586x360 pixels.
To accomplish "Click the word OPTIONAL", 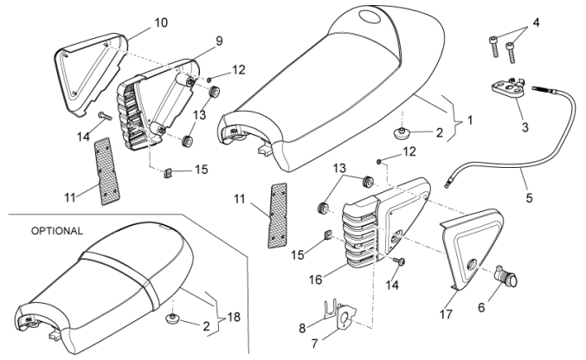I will (x=57, y=232).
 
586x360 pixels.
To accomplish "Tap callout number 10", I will (x=162, y=22).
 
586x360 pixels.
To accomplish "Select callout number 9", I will (x=219, y=40).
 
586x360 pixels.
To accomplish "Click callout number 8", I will (x=302, y=328).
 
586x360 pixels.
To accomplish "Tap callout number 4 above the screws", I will (x=537, y=22).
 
